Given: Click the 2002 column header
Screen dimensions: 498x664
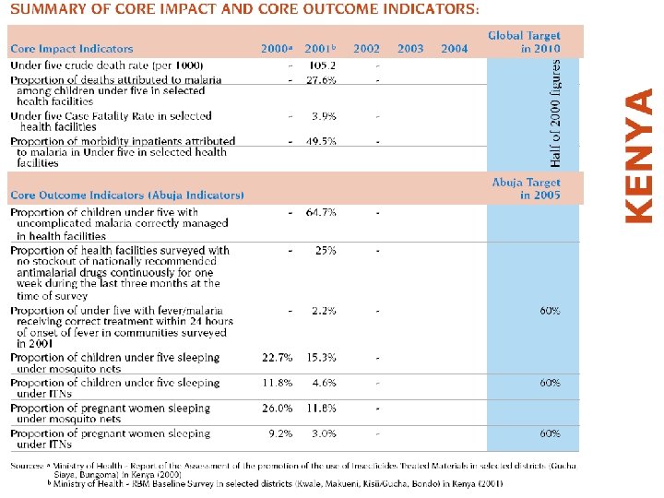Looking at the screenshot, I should tap(366, 49).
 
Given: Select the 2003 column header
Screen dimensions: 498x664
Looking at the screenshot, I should tap(410, 49).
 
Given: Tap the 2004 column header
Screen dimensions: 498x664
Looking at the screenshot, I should tap(454, 49).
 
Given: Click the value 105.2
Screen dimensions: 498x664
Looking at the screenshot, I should tap(322, 66).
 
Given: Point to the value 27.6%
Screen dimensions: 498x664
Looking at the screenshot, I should tap(322, 80).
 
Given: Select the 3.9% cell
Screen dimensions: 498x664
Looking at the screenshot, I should tap(324, 116).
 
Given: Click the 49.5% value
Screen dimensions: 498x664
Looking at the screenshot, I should tap(322, 141).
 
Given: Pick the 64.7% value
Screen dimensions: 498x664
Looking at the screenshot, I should tap(322, 212).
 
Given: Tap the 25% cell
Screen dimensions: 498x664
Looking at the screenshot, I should tap(325, 250).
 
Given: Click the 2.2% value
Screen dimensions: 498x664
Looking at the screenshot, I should tap(324, 311).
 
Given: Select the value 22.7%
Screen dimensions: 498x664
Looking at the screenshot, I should tap(278, 358).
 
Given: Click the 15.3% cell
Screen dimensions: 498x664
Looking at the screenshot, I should tap(322, 358).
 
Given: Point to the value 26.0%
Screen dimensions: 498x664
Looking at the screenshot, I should tap(278, 408).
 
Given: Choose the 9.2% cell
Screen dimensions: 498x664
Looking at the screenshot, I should tap(280, 433).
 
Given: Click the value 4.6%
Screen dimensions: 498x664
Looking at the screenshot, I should tap(324, 383).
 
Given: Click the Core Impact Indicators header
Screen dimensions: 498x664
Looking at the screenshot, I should tap(72, 49).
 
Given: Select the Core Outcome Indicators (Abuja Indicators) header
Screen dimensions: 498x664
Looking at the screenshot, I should tap(127, 196).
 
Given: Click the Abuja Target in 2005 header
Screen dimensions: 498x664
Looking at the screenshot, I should tap(526, 189).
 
